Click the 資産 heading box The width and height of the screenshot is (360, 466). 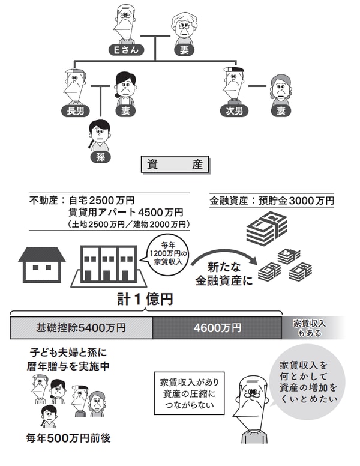(x=175, y=165)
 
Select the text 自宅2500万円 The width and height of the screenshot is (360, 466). (x=101, y=201)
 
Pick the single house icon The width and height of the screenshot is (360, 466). (x=43, y=264)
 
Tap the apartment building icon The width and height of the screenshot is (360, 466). (x=108, y=264)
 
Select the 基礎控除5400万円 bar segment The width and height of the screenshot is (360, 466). (x=81, y=328)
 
